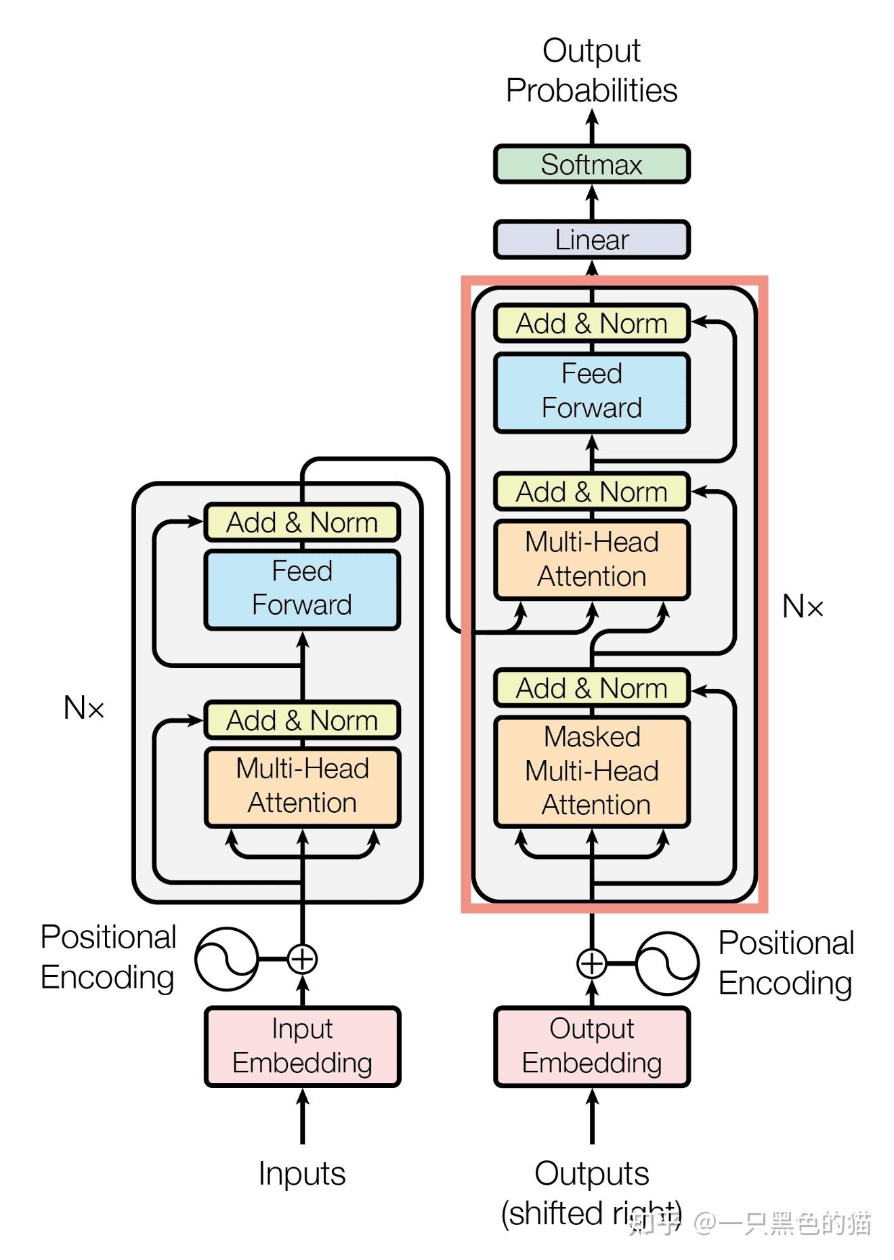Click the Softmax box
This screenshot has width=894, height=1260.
[x=591, y=165]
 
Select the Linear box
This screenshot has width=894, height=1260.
[x=591, y=240]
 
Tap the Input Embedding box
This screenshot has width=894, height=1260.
[x=302, y=1046]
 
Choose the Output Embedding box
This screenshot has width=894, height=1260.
[x=591, y=1046]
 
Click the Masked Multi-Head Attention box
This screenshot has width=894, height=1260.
[x=591, y=771]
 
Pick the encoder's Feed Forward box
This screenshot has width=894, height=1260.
[x=302, y=589]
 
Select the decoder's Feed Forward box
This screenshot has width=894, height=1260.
[x=591, y=392]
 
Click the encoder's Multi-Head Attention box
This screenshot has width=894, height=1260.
[x=302, y=786]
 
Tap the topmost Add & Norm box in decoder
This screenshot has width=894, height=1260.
[x=591, y=323]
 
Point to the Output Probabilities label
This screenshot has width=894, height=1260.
[x=591, y=70]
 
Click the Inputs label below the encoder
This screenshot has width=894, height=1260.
[x=302, y=1173]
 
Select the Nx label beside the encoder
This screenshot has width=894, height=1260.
[x=84, y=708]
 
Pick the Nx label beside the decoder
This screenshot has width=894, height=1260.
[x=803, y=606]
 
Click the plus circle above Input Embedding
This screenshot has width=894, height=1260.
[x=302, y=959]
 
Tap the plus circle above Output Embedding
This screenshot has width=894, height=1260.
[x=591, y=963]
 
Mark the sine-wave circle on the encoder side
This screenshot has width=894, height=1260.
[x=226, y=959]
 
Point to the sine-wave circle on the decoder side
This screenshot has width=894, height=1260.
[x=667, y=963]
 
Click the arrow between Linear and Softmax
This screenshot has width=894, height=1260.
[x=592, y=202]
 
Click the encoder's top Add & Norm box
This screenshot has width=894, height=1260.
[x=302, y=522]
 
